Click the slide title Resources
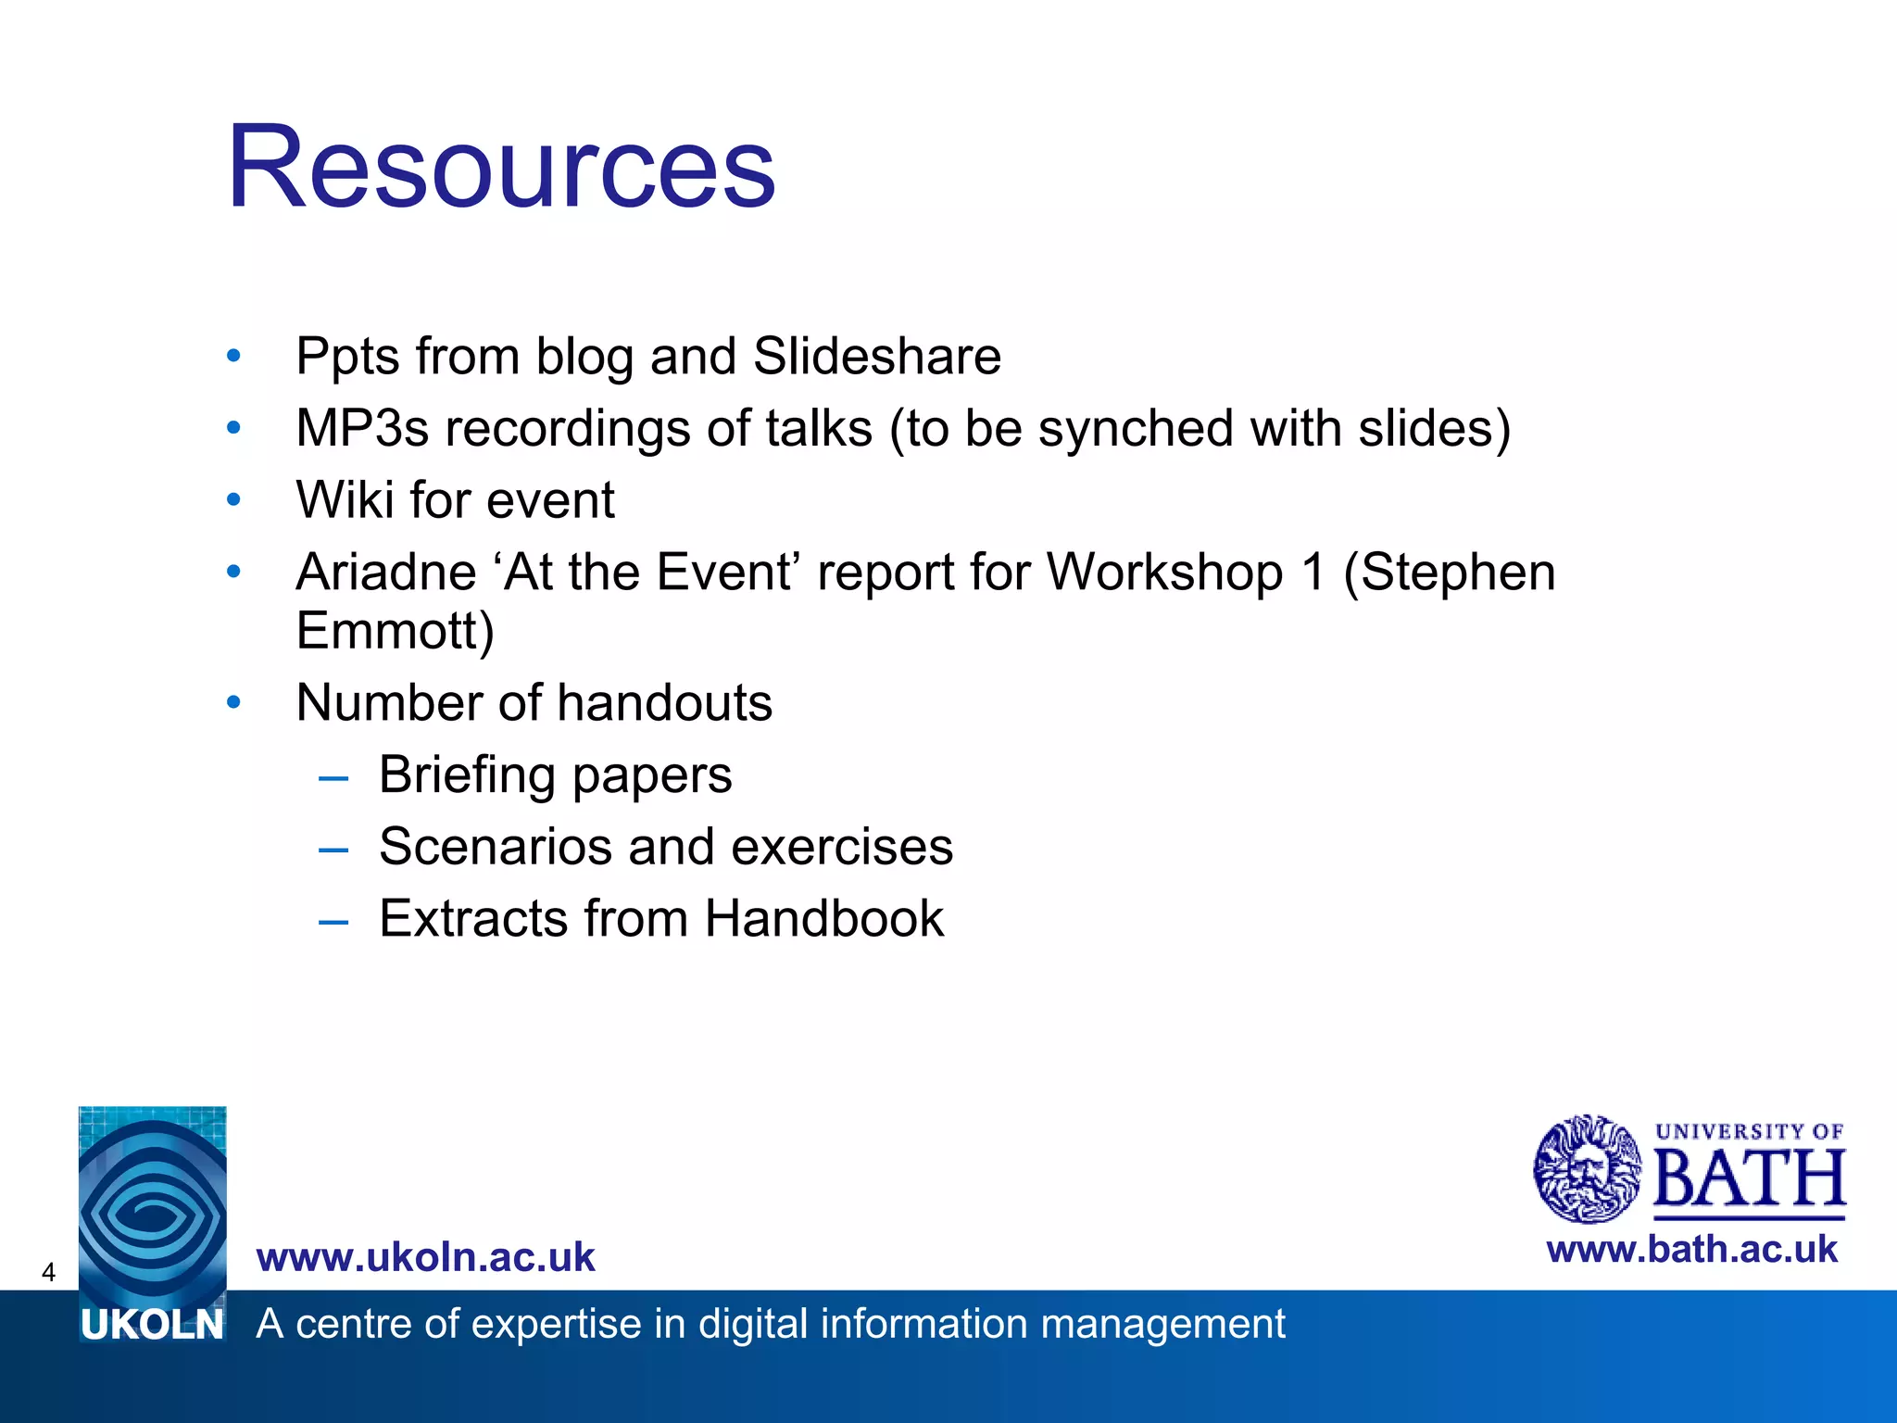500,169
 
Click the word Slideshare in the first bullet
876,357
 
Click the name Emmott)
395,631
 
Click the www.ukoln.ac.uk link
425,1257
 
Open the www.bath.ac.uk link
1691,1250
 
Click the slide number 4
48,1272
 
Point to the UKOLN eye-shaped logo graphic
153,1204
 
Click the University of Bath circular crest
1587,1169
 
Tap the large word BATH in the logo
1749,1179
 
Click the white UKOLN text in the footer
152,1326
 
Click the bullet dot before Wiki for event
233,500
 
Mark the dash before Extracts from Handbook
333,921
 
